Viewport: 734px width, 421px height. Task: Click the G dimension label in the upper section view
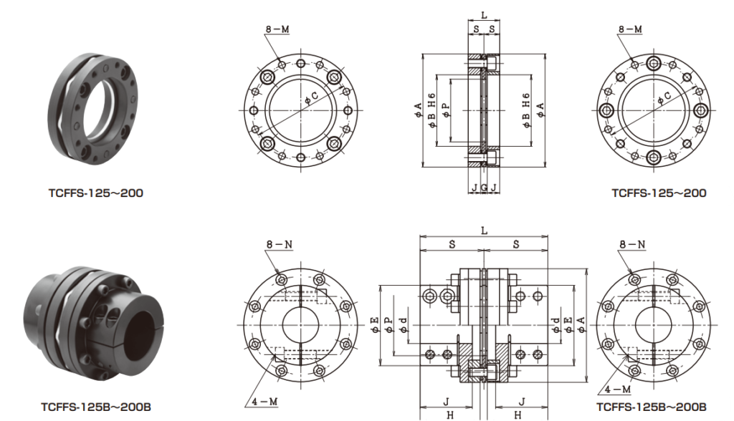(x=484, y=188)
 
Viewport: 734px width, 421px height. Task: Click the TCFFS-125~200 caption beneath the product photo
(x=96, y=193)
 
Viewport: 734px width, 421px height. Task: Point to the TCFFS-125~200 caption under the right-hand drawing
(x=658, y=193)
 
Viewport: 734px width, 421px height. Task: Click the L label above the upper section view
(x=485, y=14)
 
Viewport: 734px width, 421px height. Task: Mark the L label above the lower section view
(x=485, y=230)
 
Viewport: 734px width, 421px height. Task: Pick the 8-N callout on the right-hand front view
(x=632, y=244)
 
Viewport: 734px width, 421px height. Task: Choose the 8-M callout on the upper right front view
(x=630, y=29)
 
